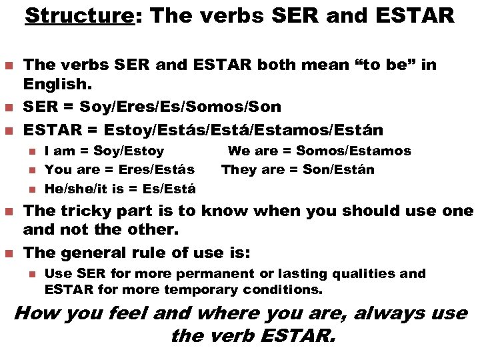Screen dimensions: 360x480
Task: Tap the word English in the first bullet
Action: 50,87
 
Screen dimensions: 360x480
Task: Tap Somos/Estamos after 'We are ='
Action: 353,151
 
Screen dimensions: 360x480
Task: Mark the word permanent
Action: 215,273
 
